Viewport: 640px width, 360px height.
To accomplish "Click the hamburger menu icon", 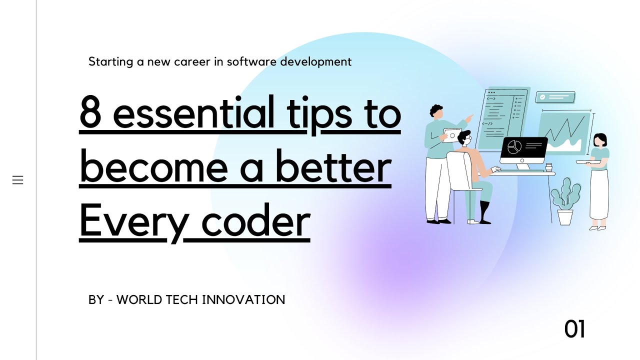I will click(x=18, y=180).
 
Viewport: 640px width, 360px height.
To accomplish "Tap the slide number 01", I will click(x=574, y=329).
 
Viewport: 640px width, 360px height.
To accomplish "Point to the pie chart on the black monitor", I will click(x=514, y=147).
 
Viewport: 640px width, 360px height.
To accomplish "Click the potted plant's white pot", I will click(x=565, y=217).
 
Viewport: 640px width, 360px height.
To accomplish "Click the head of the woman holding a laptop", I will click(x=599, y=140).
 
